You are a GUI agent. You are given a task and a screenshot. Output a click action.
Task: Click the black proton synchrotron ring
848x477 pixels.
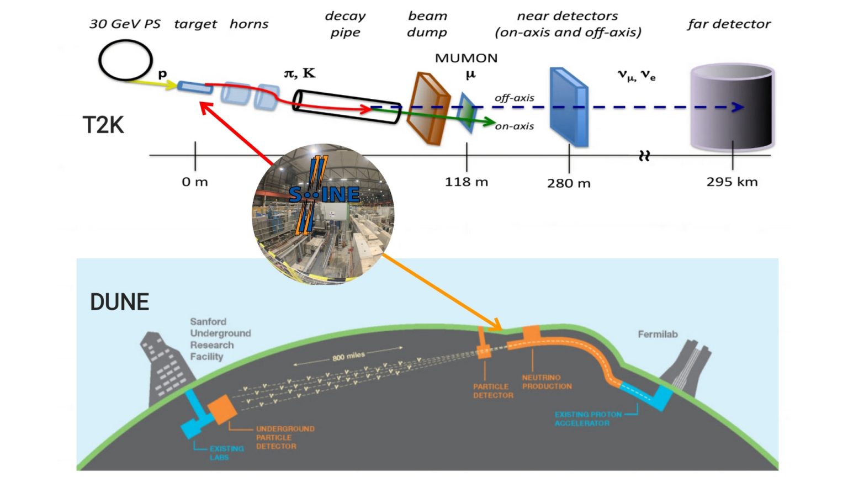point(125,60)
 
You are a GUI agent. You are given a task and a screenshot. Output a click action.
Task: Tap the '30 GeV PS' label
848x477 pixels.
point(125,24)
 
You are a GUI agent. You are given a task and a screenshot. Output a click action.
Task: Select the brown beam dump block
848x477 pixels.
point(428,109)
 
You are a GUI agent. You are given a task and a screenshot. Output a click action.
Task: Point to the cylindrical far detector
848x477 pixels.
point(733,108)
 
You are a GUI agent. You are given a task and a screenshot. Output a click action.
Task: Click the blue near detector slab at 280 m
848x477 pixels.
point(569,107)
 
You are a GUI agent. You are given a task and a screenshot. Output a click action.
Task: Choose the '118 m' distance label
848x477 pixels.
point(467,182)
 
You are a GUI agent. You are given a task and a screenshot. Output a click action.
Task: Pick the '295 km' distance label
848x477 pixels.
point(732,182)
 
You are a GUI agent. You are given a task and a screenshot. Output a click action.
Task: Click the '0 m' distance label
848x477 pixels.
point(195,182)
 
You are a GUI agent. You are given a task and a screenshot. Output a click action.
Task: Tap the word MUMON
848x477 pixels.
point(467,58)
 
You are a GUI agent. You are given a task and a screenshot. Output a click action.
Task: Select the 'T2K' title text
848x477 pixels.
point(103,125)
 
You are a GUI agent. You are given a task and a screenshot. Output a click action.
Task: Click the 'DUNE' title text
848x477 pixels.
point(120,302)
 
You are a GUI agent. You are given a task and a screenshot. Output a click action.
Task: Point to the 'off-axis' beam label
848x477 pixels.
point(514,98)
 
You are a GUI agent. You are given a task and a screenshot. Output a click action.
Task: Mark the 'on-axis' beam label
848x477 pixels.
point(514,126)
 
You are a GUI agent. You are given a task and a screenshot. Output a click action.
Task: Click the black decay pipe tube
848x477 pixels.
point(346,106)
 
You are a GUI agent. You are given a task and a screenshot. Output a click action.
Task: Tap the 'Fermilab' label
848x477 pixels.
point(658,334)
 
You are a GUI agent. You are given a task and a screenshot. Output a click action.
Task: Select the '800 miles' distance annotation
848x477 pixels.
point(348,357)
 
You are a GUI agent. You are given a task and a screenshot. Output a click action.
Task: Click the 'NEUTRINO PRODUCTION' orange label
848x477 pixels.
point(547,382)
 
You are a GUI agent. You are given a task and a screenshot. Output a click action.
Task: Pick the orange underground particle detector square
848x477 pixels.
point(222,409)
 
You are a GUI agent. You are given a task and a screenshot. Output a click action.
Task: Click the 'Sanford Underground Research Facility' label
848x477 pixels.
point(220,339)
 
